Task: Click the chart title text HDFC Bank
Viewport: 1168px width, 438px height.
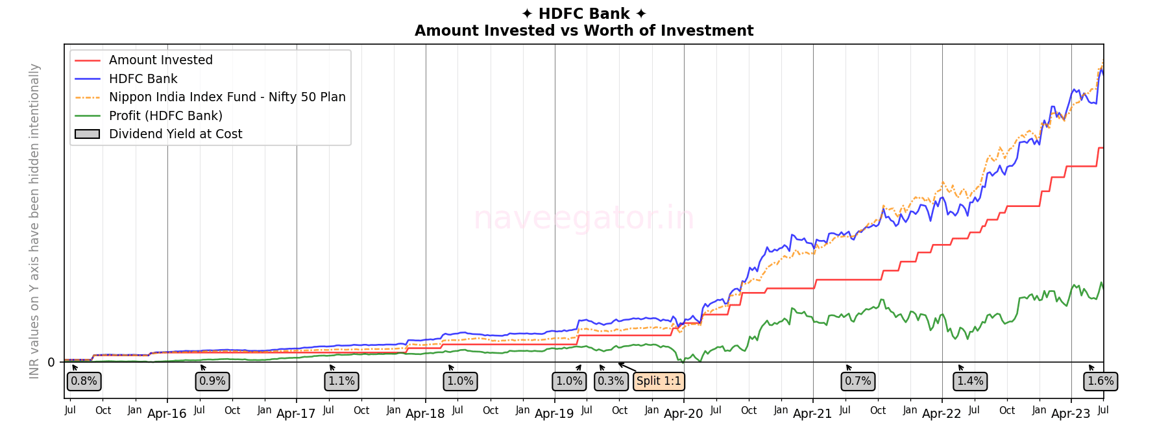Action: pos(583,14)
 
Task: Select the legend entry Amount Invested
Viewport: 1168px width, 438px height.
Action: pos(160,60)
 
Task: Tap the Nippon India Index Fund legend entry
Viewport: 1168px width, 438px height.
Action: pos(227,97)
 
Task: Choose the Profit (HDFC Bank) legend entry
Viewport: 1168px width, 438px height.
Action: pos(165,116)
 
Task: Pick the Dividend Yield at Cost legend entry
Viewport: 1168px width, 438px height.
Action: pos(175,134)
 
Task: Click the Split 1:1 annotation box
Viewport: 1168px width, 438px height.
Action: pos(659,381)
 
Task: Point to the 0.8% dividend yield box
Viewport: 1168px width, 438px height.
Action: pos(84,381)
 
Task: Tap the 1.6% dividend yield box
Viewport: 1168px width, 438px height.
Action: pos(1101,381)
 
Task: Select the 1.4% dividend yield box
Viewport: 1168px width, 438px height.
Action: pos(970,381)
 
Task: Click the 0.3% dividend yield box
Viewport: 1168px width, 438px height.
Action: pos(611,381)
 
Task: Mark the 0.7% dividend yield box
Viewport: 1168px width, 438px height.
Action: pos(858,381)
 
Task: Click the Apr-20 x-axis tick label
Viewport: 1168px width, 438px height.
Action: pos(683,414)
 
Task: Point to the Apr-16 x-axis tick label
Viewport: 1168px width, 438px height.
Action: pos(167,414)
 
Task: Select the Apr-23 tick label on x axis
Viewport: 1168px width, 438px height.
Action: pos(1071,414)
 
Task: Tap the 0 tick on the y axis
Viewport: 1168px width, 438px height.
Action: pos(51,363)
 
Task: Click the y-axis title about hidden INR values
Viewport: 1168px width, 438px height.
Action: pos(34,221)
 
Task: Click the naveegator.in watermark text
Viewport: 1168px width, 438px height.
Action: pos(583,218)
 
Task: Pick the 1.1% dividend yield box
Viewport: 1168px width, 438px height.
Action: pos(341,381)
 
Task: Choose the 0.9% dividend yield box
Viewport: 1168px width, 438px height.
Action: pos(212,381)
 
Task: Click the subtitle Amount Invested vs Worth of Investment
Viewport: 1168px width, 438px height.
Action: pos(583,30)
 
